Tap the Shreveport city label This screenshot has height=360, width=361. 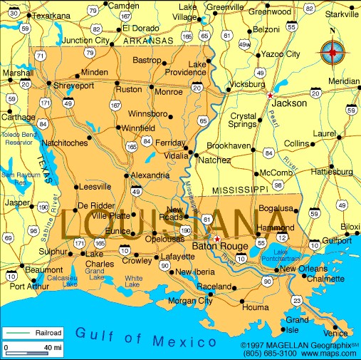(74, 86)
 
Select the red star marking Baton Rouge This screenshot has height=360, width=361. (216, 239)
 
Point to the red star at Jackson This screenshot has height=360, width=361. (270, 95)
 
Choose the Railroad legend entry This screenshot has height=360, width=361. (32, 332)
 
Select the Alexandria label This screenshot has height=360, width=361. (150, 175)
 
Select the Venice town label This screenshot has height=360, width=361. (335, 333)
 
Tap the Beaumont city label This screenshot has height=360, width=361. (43, 271)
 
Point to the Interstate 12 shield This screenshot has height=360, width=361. (283, 237)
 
